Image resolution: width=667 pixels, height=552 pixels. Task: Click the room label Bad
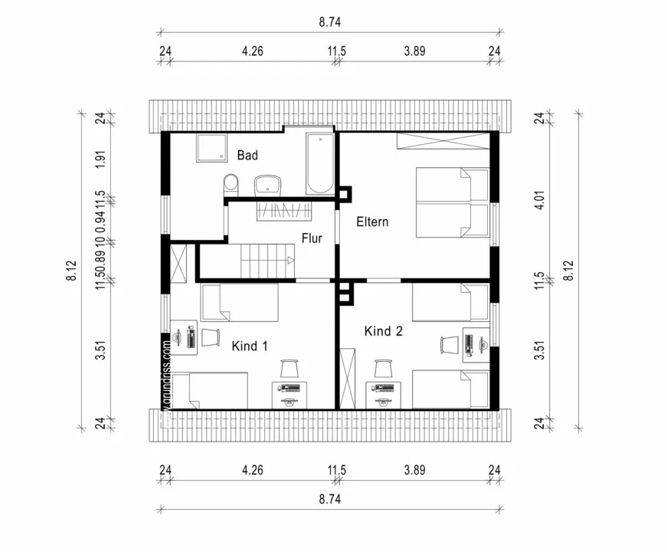[x=247, y=156]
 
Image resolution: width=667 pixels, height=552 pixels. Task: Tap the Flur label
[x=311, y=238]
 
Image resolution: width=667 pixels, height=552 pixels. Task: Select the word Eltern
[x=372, y=222]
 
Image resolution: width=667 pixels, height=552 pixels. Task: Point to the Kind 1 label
[x=250, y=347]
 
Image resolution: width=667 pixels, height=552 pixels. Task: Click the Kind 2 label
[x=383, y=332]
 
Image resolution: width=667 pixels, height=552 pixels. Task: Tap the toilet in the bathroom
[x=231, y=184]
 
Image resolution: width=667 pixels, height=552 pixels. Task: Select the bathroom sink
[x=267, y=184]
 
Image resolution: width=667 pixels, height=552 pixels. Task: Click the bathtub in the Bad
[x=319, y=164]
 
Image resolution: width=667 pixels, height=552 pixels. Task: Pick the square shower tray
[x=211, y=148]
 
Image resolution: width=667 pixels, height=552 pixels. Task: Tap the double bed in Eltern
[x=452, y=203]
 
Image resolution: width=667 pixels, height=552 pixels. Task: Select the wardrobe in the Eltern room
[x=442, y=140]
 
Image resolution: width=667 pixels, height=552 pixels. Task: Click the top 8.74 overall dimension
[x=329, y=22]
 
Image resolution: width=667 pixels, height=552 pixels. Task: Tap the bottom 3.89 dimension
[x=414, y=470]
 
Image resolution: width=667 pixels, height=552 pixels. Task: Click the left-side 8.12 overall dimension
[x=71, y=271]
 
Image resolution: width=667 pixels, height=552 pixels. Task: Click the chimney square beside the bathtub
[x=345, y=194]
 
